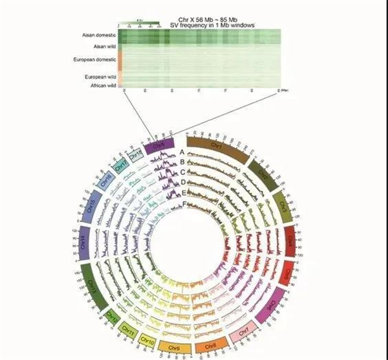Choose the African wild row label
click(100, 85)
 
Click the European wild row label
click(100, 76)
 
